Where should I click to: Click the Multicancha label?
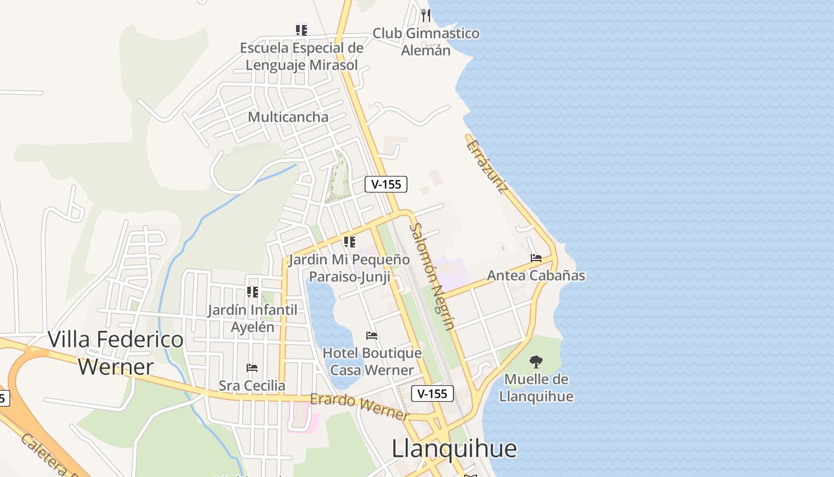(288, 117)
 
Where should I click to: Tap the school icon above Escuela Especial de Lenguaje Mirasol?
(301, 29)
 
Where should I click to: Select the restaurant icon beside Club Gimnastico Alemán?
(425, 15)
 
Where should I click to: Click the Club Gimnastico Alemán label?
(425, 42)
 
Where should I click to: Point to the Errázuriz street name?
(487, 166)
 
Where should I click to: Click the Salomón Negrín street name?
(432, 276)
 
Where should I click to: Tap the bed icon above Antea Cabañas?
(536, 258)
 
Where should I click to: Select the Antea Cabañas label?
(536, 275)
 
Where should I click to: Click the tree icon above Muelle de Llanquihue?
(536, 361)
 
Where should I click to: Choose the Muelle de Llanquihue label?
(536, 388)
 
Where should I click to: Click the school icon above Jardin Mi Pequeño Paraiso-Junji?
(349, 242)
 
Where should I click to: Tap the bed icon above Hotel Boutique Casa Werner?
(372, 336)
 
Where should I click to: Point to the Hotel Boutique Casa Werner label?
(372, 361)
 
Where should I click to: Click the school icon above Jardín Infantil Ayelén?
(253, 292)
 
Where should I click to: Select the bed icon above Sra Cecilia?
(252, 368)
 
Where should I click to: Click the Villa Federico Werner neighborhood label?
(116, 352)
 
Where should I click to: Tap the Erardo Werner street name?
(360, 407)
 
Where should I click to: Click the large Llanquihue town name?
(454, 448)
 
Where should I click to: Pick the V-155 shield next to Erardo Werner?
(432, 394)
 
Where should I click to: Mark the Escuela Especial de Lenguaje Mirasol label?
(301, 56)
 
